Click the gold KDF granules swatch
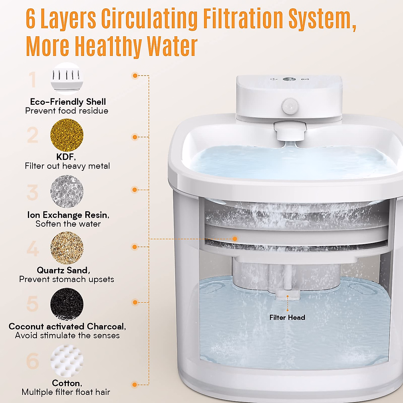point(67,135)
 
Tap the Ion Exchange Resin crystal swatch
point(67,192)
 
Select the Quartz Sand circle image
point(67,248)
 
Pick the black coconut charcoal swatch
point(67,304)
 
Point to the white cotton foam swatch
point(67,361)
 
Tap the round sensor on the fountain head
point(288,106)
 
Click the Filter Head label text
point(287,317)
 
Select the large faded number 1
point(33,80)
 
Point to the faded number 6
point(33,361)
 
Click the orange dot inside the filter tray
point(235,239)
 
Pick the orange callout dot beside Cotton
point(135,385)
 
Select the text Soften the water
point(68,224)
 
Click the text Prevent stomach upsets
point(66,279)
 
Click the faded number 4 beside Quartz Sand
point(33,249)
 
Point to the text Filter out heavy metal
point(67,166)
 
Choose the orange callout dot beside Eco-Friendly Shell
point(135,76)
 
